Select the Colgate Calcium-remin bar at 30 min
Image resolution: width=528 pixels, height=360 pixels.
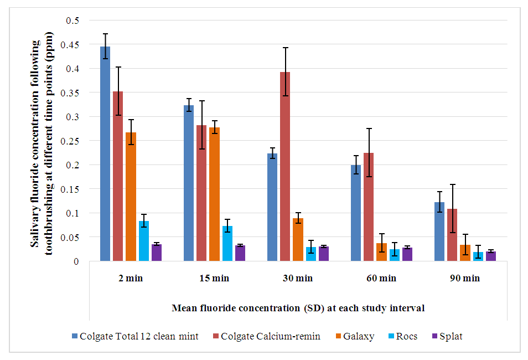click(x=285, y=166)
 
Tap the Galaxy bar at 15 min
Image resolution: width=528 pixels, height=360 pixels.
click(x=214, y=194)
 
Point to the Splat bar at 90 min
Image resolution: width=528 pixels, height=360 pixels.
click(x=490, y=256)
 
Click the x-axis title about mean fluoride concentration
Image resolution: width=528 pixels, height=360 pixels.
click(x=298, y=308)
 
